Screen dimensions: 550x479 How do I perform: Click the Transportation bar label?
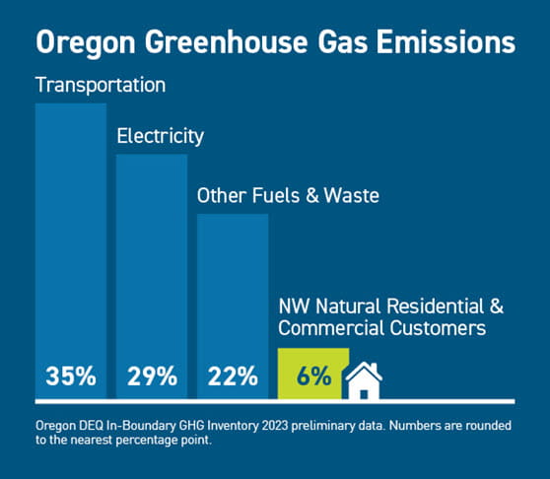[x=101, y=85]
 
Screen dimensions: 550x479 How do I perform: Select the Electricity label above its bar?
[x=161, y=136]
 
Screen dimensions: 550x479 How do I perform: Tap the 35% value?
[x=71, y=376]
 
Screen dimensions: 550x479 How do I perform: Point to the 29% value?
[x=152, y=376]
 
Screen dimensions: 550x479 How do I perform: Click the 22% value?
[x=233, y=376]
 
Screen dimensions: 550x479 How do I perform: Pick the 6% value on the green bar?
[x=314, y=376]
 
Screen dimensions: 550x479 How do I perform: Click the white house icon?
[x=364, y=380]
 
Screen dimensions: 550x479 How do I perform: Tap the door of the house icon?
[x=364, y=394]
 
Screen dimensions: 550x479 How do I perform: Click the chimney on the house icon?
[x=375, y=368]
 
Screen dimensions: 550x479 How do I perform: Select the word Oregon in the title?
[x=86, y=42]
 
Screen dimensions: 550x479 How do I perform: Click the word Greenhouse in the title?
[x=227, y=42]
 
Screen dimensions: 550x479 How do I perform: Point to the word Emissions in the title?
[x=447, y=42]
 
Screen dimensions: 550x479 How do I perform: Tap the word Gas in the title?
[x=343, y=42]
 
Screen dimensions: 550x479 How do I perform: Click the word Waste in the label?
[x=352, y=196]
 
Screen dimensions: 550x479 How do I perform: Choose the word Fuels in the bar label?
[x=276, y=196]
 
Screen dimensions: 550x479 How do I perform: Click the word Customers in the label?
[x=438, y=328]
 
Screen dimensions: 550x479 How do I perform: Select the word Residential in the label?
[x=436, y=307]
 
